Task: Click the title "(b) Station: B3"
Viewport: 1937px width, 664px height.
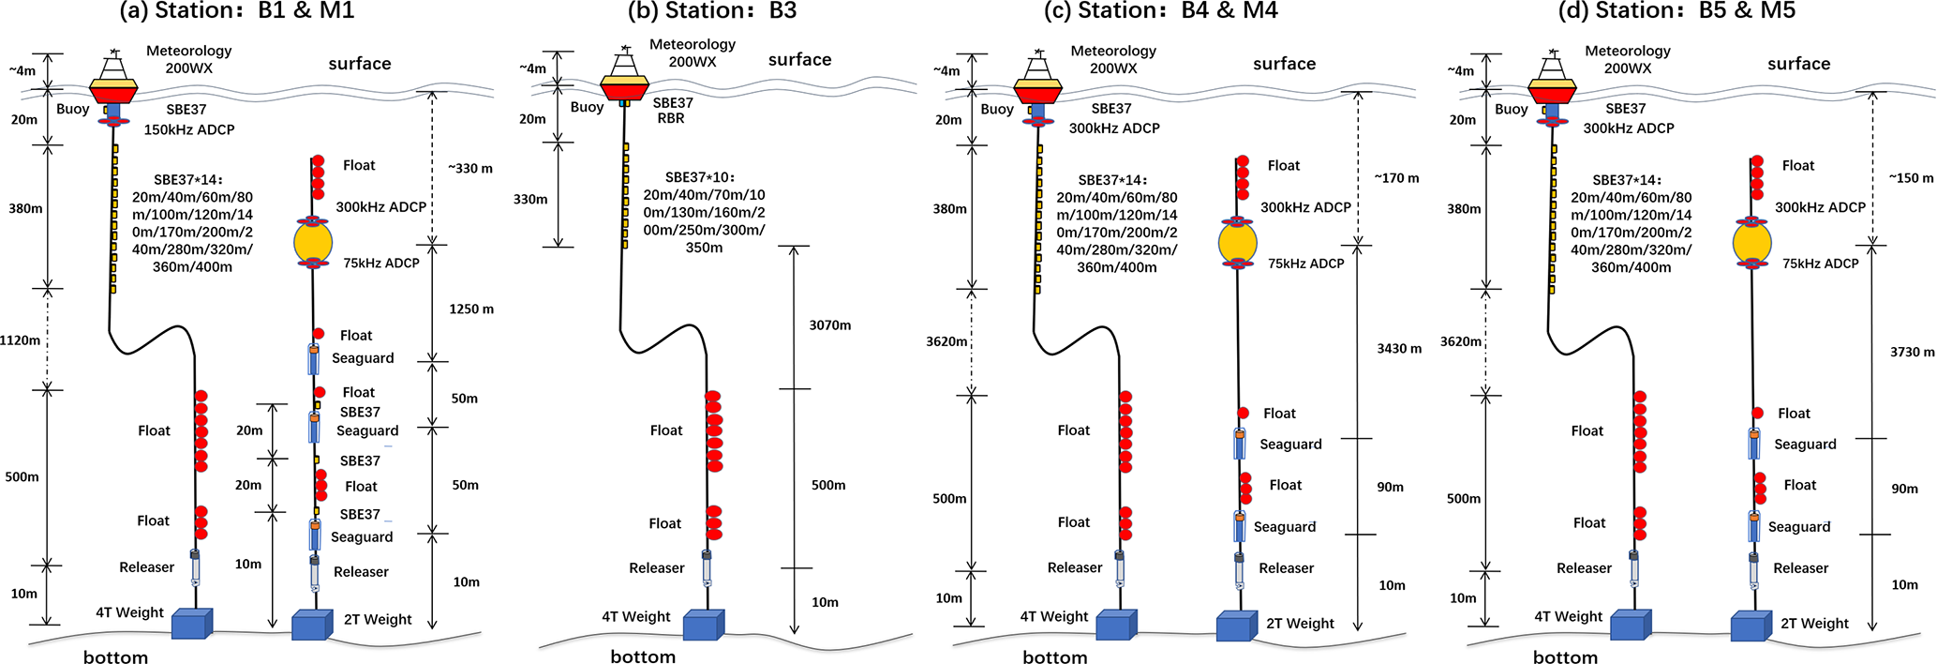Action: coord(712,11)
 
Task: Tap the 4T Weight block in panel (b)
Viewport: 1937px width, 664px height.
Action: coord(702,626)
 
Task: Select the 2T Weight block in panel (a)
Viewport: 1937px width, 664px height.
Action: coord(312,625)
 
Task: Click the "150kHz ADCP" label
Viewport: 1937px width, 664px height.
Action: coord(189,129)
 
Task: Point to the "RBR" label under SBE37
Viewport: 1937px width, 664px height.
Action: coord(671,119)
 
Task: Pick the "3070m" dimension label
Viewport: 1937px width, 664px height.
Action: coord(830,325)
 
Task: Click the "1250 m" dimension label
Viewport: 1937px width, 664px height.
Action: coord(471,309)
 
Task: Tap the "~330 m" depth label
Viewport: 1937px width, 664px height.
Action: coord(469,169)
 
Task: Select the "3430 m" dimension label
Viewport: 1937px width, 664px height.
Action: coord(1398,349)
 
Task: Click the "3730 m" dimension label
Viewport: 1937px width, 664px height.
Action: coord(1912,353)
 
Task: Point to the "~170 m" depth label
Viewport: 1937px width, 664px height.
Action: coord(1396,178)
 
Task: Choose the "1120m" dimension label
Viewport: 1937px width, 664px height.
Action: coord(21,340)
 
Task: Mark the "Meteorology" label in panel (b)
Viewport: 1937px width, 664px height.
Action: coord(693,44)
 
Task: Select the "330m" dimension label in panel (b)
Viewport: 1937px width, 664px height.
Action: coord(530,199)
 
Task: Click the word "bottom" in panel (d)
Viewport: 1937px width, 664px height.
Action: coord(1565,657)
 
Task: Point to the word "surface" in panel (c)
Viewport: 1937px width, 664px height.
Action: coord(1284,64)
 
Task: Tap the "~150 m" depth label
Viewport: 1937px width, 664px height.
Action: coord(1911,178)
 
